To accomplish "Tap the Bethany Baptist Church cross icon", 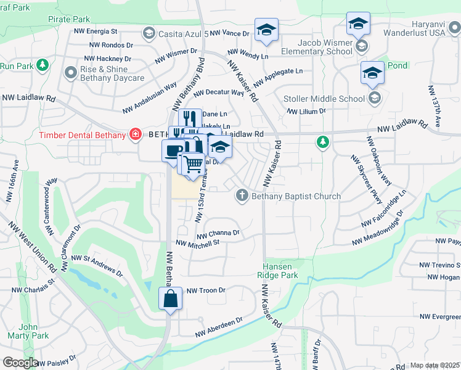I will (242, 196).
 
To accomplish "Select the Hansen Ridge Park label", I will (280, 271).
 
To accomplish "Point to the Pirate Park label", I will (69, 20).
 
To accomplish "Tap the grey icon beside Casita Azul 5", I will (148, 32).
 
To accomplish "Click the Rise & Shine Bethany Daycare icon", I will (70, 73).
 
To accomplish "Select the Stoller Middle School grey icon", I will (374, 98).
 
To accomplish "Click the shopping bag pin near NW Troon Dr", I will (170, 299).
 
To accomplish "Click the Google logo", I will (20, 363).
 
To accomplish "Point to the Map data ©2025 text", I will (434, 365).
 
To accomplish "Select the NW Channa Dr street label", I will (218, 234).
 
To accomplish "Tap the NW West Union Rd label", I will (37, 248).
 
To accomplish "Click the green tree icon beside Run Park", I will (42, 65).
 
